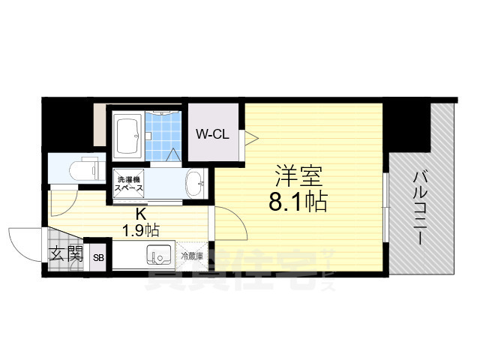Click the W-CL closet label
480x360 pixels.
pos(213,134)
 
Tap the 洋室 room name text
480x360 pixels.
pos(298,178)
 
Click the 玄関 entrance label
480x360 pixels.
pos(66,254)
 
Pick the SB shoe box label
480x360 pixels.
pos(98,258)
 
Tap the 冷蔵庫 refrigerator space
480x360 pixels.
pos(193,256)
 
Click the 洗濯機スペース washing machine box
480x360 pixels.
pos(128,184)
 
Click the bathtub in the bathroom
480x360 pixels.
pos(128,135)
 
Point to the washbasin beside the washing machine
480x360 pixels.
pos(194,181)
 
